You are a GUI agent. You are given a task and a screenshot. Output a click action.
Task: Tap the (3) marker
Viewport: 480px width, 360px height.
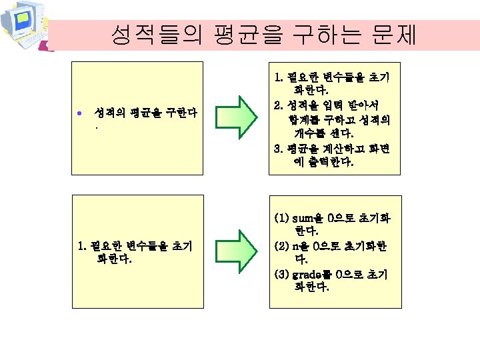[281, 274]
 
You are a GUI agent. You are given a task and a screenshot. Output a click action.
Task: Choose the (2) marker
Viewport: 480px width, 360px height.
[281, 246]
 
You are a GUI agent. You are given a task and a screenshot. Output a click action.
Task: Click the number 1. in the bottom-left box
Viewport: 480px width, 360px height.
[82, 246]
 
